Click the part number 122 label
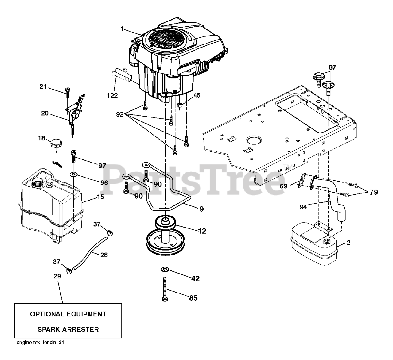tap(112, 95)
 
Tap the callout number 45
tap(197, 95)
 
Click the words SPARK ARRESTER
tap(68, 330)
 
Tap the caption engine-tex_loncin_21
tap(40, 343)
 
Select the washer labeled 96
tap(75, 174)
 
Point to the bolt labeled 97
tap(74, 156)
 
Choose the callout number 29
tap(57, 276)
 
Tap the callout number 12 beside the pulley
tap(202, 231)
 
